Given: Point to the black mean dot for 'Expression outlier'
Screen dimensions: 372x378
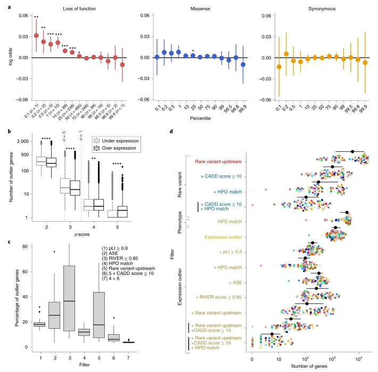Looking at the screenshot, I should coord(335,228).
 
